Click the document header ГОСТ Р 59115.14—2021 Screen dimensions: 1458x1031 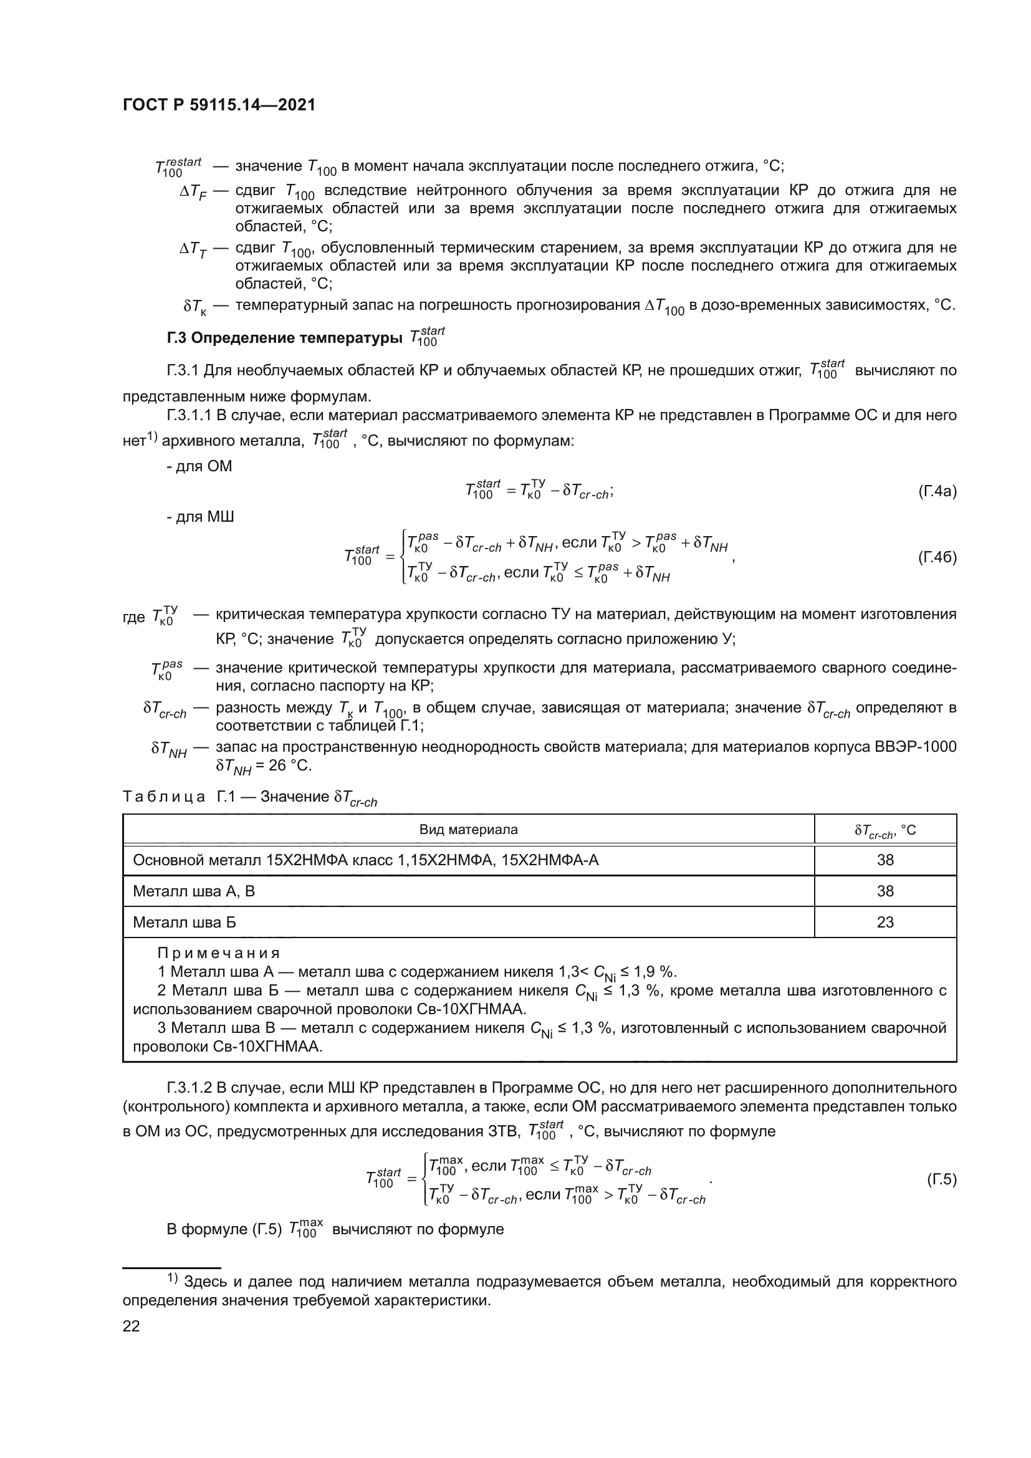tap(219, 105)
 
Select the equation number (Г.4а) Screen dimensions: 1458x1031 tap(937, 491)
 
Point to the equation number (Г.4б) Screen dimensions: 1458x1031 tap(937, 557)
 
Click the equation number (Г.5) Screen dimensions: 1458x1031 tap(941, 1180)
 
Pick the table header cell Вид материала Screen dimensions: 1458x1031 tap(469, 829)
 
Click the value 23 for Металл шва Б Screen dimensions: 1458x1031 tap(885, 922)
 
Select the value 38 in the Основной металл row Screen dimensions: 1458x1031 tap(885, 860)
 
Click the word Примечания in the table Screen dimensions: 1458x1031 tap(218, 953)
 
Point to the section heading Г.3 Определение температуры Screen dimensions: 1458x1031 tap(284, 338)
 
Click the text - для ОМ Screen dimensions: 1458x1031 tap(199, 466)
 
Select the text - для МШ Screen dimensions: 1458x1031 tap(200, 517)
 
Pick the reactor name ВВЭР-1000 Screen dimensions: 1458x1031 tap(917, 747)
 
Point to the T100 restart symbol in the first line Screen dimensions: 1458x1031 tap(178, 167)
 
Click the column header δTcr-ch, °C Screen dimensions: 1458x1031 tap(885, 830)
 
